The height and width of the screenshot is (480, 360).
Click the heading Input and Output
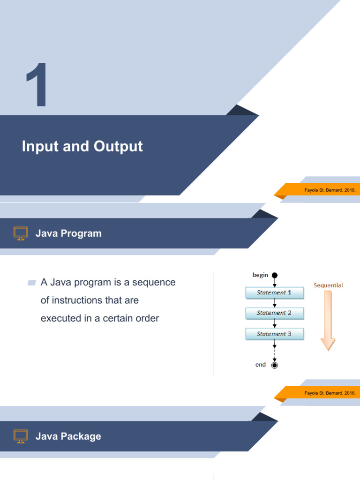pyautogui.click(x=82, y=146)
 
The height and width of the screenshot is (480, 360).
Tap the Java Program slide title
pyautogui.click(x=68, y=233)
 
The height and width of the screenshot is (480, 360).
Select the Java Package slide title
pyautogui.click(x=68, y=436)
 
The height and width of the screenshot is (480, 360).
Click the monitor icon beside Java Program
pyautogui.click(x=21, y=233)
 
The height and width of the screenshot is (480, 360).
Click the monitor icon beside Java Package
pyautogui.click(x=21, y=436)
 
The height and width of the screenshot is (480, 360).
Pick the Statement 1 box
pyautogui.click(x=275, y=292)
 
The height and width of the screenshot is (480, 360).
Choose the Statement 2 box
pyautogui.click(x=275, y=313)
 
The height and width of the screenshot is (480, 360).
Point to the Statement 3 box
pyautogui.click(x=275, y=334)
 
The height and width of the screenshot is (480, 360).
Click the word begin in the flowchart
pyautogui.click(x=260, y=275)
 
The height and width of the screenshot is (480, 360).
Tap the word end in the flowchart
pyautogui.click(x=261, y=364)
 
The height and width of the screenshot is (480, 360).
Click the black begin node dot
pyautogui.click(x=275, y=276)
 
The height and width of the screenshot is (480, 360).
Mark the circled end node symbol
pyautogui.click(x=275, y=365)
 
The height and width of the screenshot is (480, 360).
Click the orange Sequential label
pyautogui.click(x=328, y=285)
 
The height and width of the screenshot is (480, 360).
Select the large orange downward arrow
pyautogui.click(x=328, y=321)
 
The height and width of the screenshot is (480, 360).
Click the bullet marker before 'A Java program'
pyautogui.click(x=32, y=283)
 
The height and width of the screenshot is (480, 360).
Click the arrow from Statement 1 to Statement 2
pyautogui.click(x=275, y=303)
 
